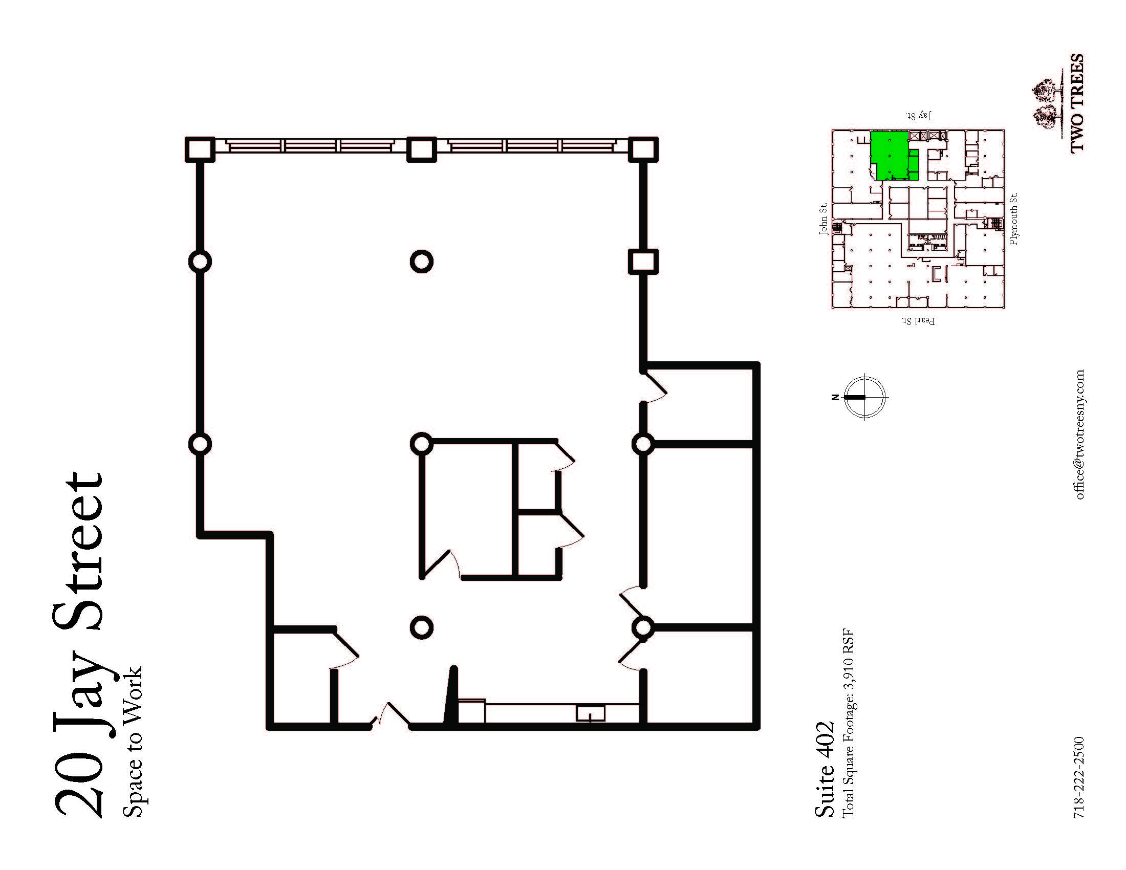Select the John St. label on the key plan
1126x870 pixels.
[x=824, y=219]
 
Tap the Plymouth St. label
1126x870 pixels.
[x=1013, y=219]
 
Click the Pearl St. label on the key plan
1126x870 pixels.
[x=918, y=321]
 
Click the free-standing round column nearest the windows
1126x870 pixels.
[x=421, y=262]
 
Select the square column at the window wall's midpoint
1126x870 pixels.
[x=421, y=149]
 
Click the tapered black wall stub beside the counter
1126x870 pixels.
[x=451, y=695]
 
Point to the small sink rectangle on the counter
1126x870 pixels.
[x=590, y=713]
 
